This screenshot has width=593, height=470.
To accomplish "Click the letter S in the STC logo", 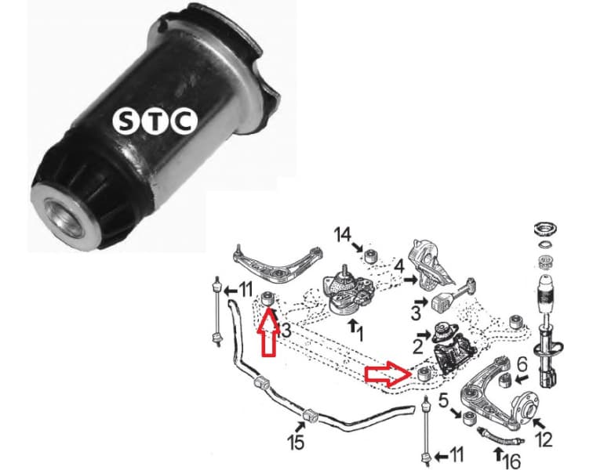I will [x=126, y=121].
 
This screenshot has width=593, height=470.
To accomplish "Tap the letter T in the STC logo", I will [x=154, y=121].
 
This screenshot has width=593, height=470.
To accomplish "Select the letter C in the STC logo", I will [x=182, y=121].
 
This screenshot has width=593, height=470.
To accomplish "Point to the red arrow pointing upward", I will [x=267, y=333].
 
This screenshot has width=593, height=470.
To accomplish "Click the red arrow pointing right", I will [x=387, y=375].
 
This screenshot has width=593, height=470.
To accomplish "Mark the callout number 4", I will [x=398, y=267].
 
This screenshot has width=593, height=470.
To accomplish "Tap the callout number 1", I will [x=360, y=334].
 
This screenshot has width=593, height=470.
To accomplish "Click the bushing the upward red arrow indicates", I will [x=268, y=299].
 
